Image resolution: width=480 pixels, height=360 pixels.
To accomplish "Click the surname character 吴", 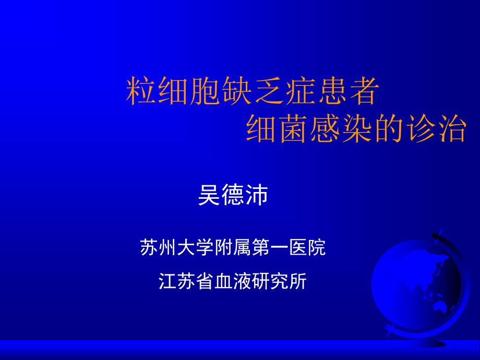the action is click(x=209, y=195).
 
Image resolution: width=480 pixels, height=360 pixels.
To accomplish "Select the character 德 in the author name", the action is click(x=233, y=195).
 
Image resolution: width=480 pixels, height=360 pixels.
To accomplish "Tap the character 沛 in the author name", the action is click(x=257, y=195).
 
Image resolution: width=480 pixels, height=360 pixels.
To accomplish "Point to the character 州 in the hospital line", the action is click(x=168, y=247).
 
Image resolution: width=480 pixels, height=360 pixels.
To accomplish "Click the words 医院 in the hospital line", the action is click(x=307, y=247).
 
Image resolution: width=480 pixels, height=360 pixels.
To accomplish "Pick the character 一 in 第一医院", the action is click(x=280, y=247).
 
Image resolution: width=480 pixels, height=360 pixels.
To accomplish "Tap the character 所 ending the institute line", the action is click(x=297, y=281).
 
